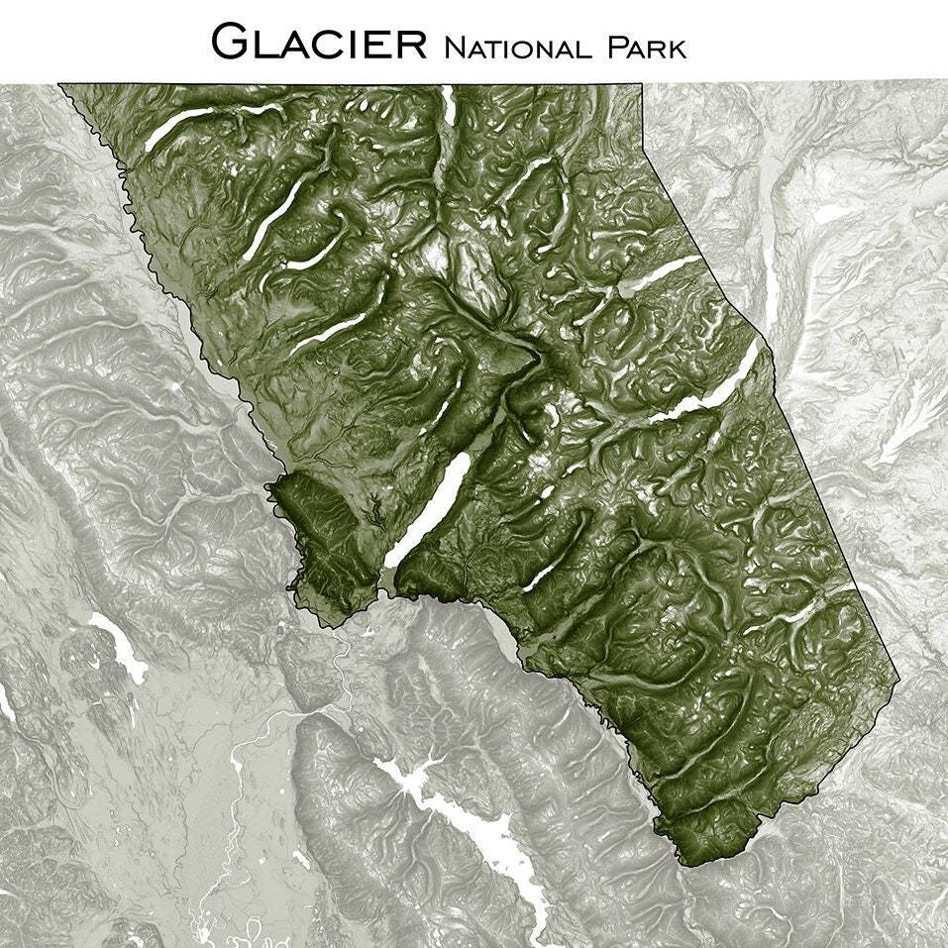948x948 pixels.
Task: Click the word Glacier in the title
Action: (x=320, y=42)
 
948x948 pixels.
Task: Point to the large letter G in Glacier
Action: (x=233, y=42)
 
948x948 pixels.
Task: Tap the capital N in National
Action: (x=455, y=46)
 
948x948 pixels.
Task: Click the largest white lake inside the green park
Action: (x=428, y=510)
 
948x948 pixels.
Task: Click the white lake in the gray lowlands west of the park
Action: (x=118, y=642)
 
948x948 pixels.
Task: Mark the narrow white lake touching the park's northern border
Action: (x=449, y=104)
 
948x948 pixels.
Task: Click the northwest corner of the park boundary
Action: (x=59, y=85)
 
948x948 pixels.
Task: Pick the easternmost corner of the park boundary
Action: (x=899, y=681)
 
